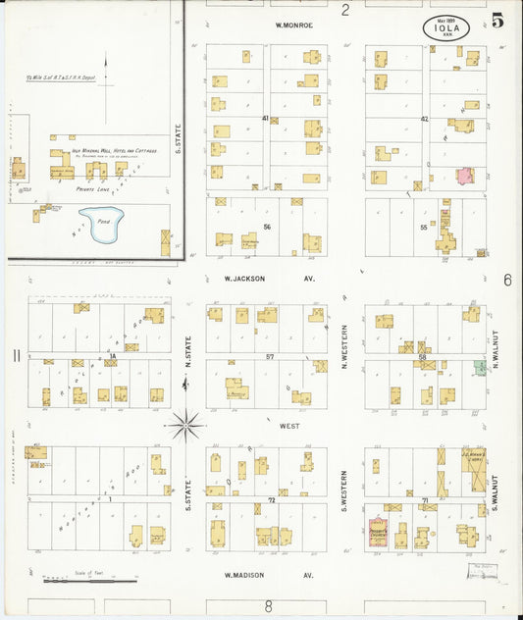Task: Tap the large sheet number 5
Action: (500, 19)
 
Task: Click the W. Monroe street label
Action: (293, 26)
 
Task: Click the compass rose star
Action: (185, 426)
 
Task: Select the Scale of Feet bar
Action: (89, 582)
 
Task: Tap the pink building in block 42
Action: (464, 177)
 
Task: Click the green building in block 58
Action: (480, 367)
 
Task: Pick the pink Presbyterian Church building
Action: (378, 531)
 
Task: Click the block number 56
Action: (266, 227)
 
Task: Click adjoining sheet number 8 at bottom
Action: (267, 606)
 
